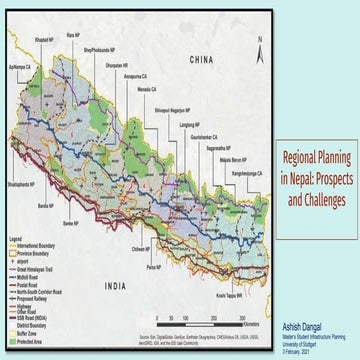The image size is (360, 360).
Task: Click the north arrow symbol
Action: tap(257, 48)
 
